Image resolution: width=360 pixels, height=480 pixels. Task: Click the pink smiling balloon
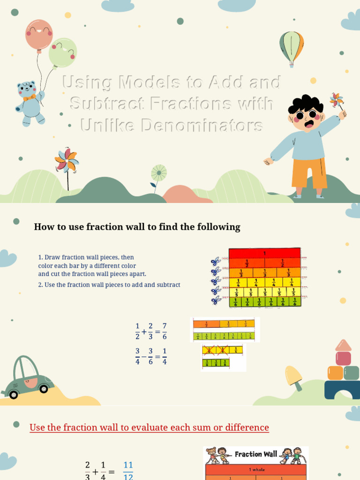[x=39, y=34]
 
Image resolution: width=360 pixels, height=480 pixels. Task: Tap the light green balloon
[x=63, y=52]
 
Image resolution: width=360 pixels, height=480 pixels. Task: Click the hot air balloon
[x=291, y=46]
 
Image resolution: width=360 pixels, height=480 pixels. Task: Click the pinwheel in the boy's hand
[x=336, y=100]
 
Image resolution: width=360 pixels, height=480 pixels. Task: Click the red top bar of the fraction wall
[x=264, y=253]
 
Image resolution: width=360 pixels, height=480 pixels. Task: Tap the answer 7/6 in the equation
[x=164, y=331]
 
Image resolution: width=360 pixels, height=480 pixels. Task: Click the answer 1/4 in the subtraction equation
[x=164, y=356]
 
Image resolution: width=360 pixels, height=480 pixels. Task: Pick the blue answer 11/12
[x=128, y=470]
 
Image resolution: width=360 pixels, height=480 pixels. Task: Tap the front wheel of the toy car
[x=44, y=389]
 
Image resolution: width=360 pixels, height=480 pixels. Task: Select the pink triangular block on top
[x=343, y=345]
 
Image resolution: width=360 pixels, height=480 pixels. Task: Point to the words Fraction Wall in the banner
[x=255, y=454]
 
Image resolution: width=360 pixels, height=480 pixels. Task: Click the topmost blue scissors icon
[x=216, y=262]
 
